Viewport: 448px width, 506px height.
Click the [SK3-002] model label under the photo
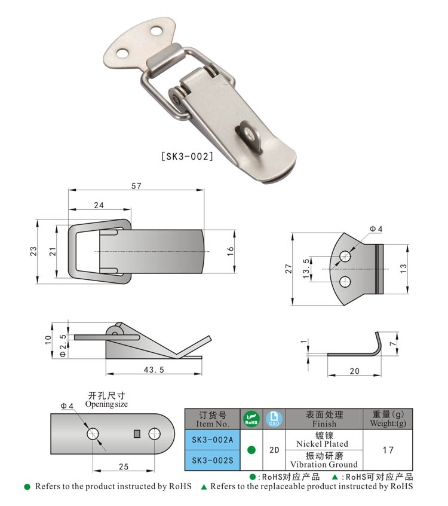click(x=187, y=157)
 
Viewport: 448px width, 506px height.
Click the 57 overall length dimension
click(x=136, y=186)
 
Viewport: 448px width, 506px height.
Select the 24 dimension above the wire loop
click(x=99, y=205)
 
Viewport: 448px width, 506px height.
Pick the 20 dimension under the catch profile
click(x=354, y=371)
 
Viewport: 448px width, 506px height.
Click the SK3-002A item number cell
click(x=212, y=440)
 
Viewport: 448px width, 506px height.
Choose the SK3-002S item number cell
click(x=212, y=459)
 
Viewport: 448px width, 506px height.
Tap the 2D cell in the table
click(x=274, y=450)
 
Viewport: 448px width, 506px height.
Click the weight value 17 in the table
click(x=388, y=450)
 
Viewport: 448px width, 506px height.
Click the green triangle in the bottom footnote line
click(x=204, y=487)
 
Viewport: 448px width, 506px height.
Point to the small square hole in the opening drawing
click(x=137, y=433)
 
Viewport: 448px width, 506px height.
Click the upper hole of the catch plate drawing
click(x=345, y=257)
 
